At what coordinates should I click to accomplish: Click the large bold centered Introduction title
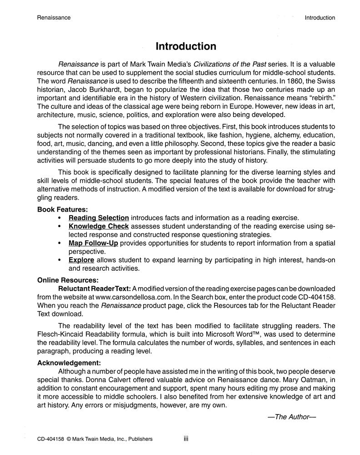[x=186, y=46]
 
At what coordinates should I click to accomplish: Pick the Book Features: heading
[x=62, y=209]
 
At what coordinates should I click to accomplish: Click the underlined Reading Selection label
[x=99, y=218]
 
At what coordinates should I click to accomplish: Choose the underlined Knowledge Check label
[x=99, y=226]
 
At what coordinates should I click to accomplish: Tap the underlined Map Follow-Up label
[x=94, y=243]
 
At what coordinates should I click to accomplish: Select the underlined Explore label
[x=81, y=260]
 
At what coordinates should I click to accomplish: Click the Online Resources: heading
[x=68, y=280]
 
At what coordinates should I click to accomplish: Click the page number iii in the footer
[x=186, y=439]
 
